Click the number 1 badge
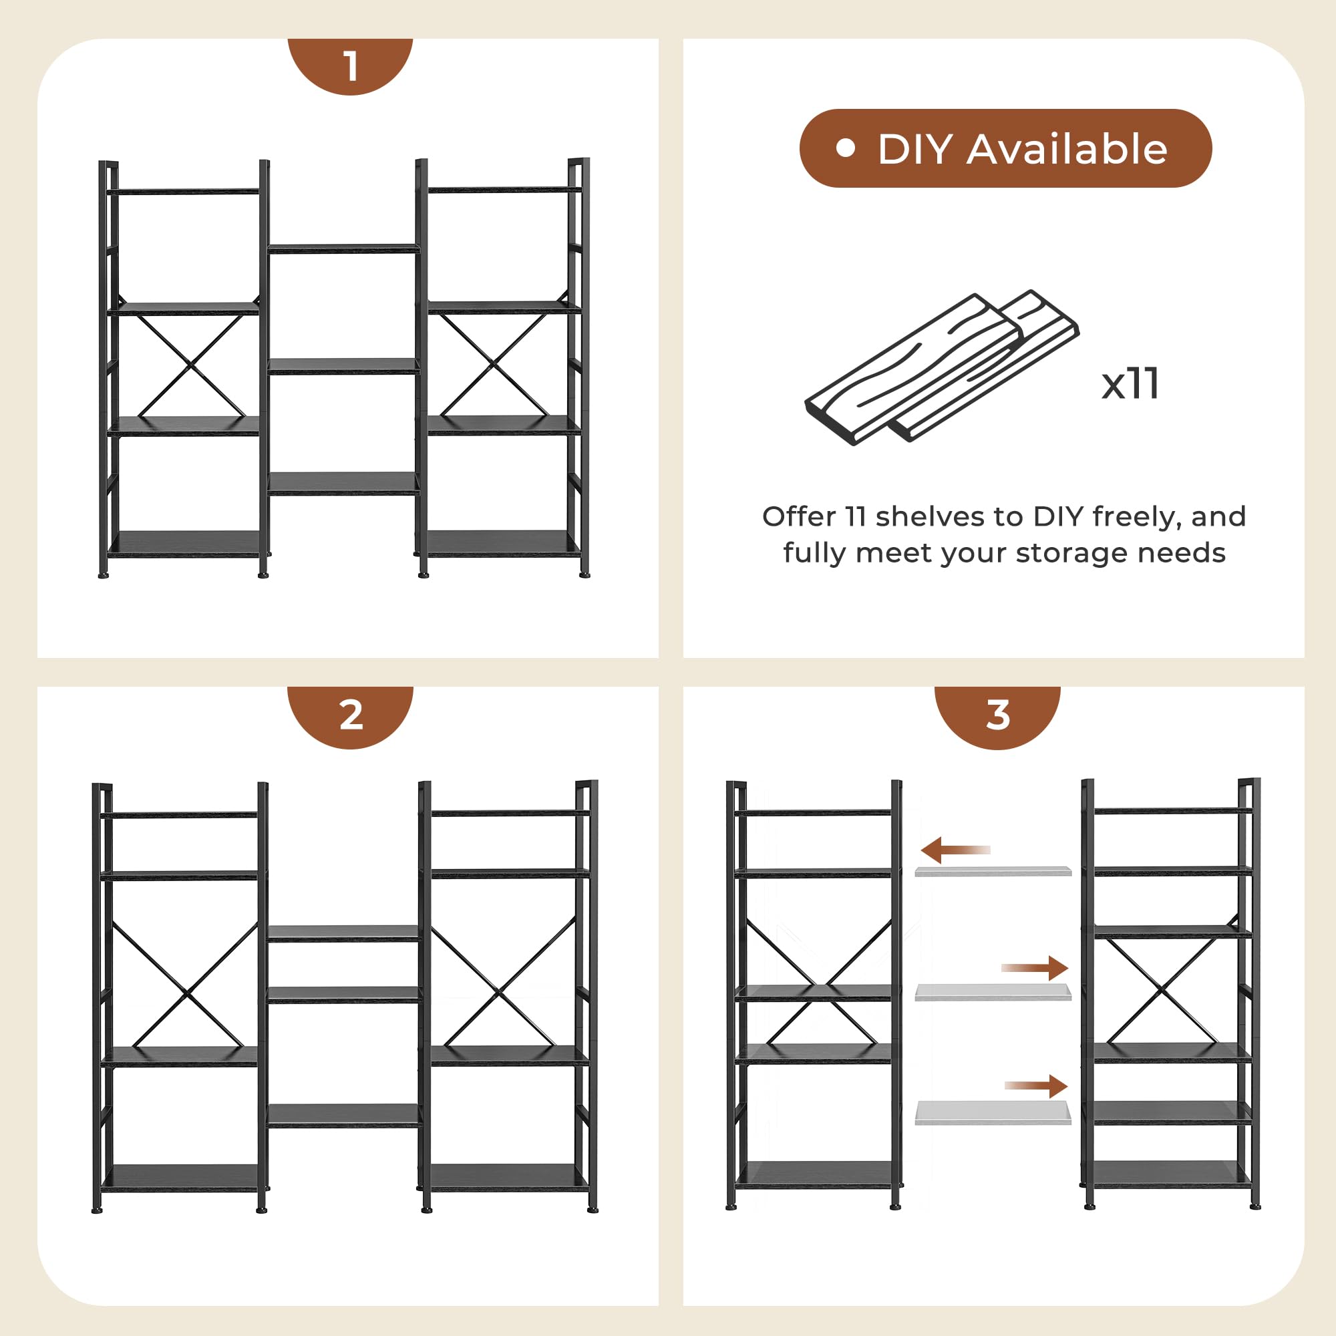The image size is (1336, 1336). click(x=350, y=65)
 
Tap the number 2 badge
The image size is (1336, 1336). click(x=350, y=715)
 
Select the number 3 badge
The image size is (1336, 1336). click(x=997, y=715)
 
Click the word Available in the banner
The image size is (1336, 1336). click(x=1067, y=149)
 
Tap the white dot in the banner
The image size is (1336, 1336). click(x=846, y=148)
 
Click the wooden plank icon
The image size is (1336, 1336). click(x=942, y=367)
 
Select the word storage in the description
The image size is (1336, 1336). click(x=1073, y=554)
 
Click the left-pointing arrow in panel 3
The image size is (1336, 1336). click(x=955, y=850)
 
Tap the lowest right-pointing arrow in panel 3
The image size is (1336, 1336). click(x=1036, y=1085)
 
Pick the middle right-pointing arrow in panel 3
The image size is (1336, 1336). click(x=1035, y=968)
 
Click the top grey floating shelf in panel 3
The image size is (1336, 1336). click(x=993, y=871)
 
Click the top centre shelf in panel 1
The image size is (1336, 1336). click(x=343, y=248)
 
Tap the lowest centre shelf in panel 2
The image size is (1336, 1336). click(x=343, y=1116)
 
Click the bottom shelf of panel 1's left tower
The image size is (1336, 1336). click(x=184, y=544)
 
